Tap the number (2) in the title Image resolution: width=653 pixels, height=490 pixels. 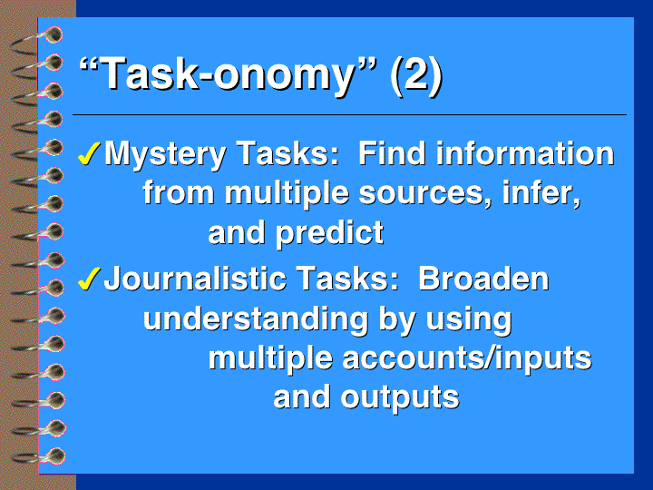pyautogui.click(x=415, y=75)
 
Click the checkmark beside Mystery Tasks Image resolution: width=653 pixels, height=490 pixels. pyautogui.click(x=89, y=153)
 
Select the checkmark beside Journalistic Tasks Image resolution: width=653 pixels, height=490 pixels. pyautogui.click(x=89, y=279)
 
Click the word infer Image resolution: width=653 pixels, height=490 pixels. pyautogui.click(x=541, y=193)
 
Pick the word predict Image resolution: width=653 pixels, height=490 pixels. pyautogui.click(x=330, y=233)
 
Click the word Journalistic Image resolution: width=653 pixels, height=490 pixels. pyautogui.click(x=195, y=279)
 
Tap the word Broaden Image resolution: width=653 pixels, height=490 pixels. pyautogui.click(x=483, y=279)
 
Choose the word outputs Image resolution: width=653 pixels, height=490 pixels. pyautogui.click(x=400, y=398)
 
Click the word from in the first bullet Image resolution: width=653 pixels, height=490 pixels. pyautogui.click(x=179, y=193)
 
